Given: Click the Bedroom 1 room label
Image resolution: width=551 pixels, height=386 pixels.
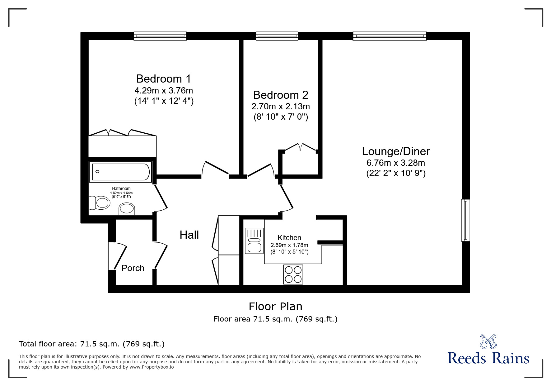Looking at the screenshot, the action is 164,79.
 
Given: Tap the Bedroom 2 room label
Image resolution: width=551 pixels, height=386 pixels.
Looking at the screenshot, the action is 281,95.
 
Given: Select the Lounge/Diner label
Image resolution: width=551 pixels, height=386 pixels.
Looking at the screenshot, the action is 396,151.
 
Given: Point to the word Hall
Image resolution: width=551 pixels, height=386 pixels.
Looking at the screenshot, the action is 189,235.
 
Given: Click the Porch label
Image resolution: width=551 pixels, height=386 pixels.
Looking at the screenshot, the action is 133,268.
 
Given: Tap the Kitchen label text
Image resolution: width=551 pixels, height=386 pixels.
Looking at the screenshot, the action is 289,238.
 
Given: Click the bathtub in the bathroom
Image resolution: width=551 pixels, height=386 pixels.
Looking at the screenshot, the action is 120,172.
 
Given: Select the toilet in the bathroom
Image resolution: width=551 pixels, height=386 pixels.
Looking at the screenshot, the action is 100,203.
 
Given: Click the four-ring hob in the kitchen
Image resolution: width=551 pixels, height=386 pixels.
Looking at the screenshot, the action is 293,274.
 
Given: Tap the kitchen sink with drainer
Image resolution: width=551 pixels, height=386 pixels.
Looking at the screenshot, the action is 254,241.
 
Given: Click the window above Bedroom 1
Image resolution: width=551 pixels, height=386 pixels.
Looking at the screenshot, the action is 160,36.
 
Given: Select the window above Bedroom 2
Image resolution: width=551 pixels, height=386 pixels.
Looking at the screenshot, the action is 277,36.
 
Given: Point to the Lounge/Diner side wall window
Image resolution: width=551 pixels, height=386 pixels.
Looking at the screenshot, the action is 465,220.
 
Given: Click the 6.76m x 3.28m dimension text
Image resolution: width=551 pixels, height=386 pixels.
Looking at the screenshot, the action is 396,163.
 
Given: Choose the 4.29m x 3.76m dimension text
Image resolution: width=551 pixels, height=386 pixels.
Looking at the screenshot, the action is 164,91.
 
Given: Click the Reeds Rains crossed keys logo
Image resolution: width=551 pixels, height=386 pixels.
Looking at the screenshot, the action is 488,341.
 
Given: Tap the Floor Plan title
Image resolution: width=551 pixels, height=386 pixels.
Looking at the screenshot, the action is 275,307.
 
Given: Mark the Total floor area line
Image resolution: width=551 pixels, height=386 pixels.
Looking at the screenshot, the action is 92,344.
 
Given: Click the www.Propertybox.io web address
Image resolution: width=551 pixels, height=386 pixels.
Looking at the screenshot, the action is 152,367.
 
